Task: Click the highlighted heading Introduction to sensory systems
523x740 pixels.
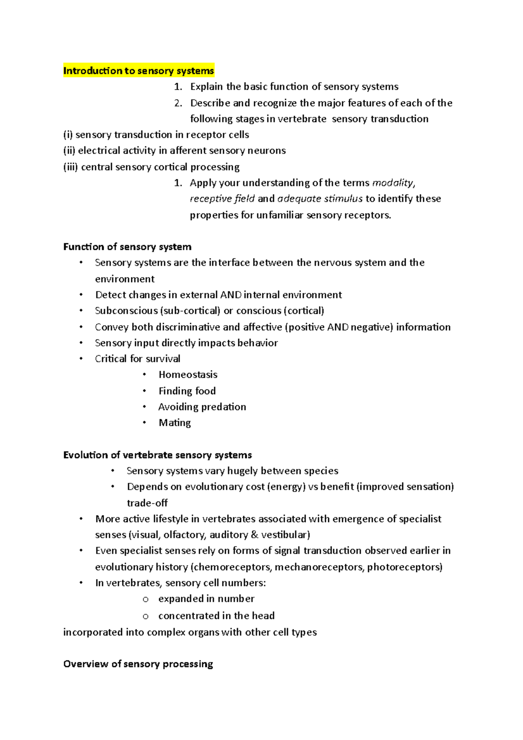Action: click(x=139, y=71)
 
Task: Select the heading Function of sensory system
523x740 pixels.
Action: click(x=127, y=247)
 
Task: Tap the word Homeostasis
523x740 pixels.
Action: click(x=188, y=374)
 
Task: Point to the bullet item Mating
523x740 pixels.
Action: click(x=175, y=422)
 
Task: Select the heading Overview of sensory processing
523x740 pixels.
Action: click(x=138, y=664)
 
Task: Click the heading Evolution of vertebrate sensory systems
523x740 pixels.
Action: click(x=157, y=455)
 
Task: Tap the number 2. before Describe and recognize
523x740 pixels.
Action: click(x=178, y=103)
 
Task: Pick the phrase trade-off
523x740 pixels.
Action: click(x=147, y=503)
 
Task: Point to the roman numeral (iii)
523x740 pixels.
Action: click(x=71, y=167)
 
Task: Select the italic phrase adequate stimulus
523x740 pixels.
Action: click(x=320, y=199)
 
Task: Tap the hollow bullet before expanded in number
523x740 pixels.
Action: click(x=146, y=600)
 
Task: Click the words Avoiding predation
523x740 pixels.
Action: click(x=202, y=407)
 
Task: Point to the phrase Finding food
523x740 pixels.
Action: click(x=187, y=391)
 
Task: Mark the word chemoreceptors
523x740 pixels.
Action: click(x=232, y=567)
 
